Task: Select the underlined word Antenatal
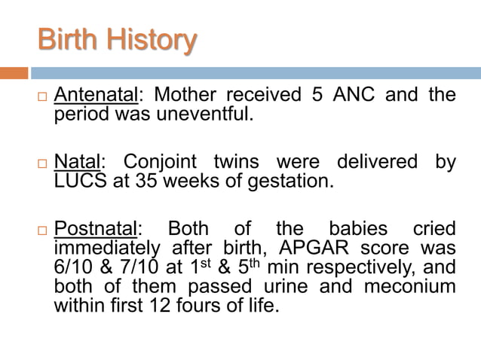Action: [97, 96]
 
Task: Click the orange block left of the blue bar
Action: [14, 73]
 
